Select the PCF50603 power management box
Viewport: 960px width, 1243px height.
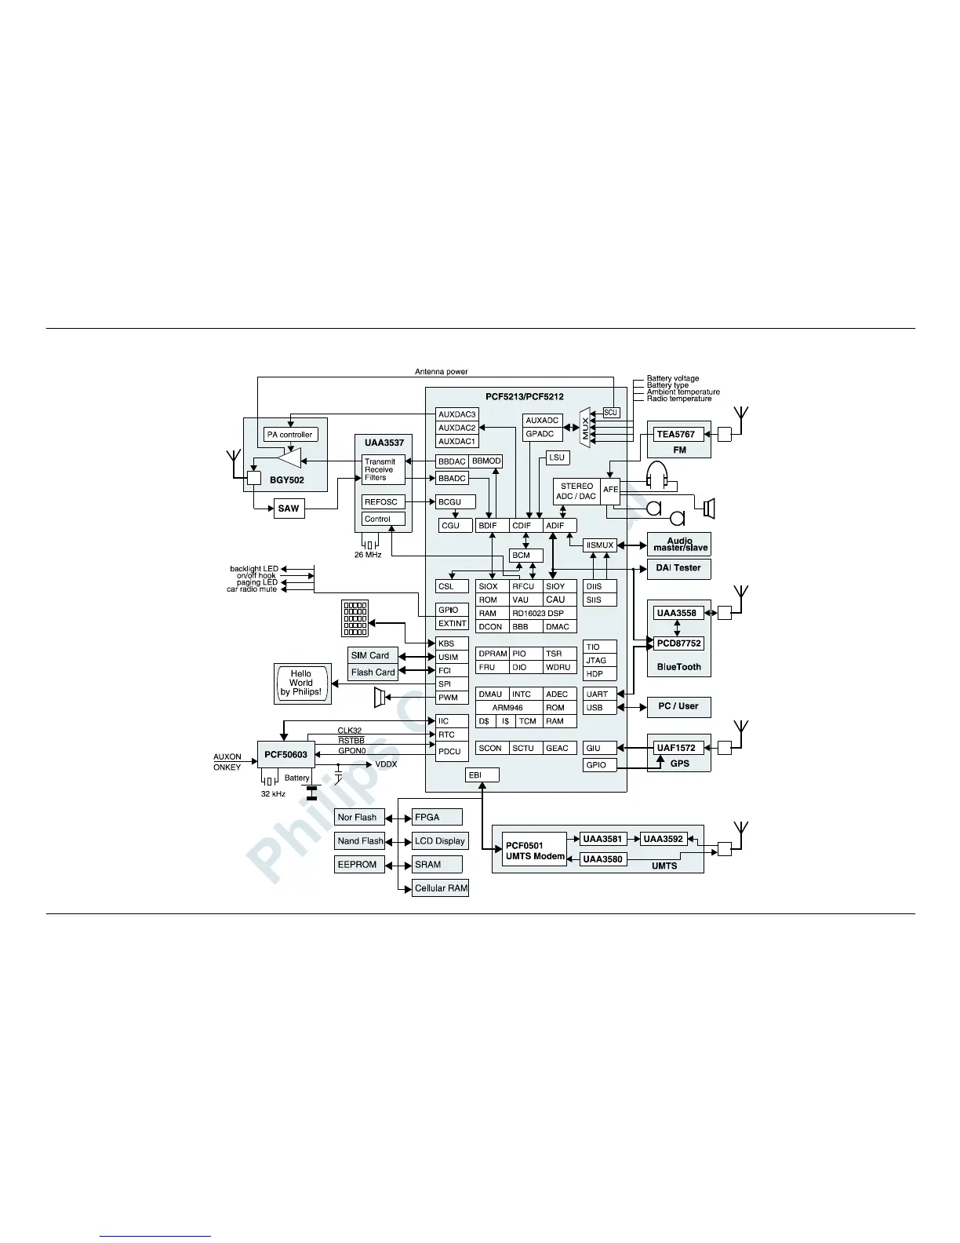point(285,755)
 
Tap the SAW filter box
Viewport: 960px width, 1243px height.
point(289,508)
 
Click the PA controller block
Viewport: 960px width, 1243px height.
point(289,435)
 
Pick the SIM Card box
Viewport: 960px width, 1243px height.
point(369,655)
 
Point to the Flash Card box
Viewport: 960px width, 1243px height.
point(373,673)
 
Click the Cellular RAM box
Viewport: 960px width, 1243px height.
point(440,888)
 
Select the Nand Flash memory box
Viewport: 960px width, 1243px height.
point(360,841)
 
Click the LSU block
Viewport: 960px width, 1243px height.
point(556,457)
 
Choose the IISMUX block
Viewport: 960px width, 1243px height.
point(600,545)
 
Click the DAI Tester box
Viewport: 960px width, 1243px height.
point(678,568)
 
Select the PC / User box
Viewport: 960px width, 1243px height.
point(678,706)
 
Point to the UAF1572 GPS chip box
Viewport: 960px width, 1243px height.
point(676,748)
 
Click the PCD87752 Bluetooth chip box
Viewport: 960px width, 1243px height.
point(679,643)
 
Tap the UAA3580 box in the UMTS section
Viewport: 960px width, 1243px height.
point(602,859)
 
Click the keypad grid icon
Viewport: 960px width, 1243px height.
point(355,618)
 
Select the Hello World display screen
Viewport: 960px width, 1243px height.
point(301,683)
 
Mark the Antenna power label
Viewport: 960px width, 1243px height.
point(441,372)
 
